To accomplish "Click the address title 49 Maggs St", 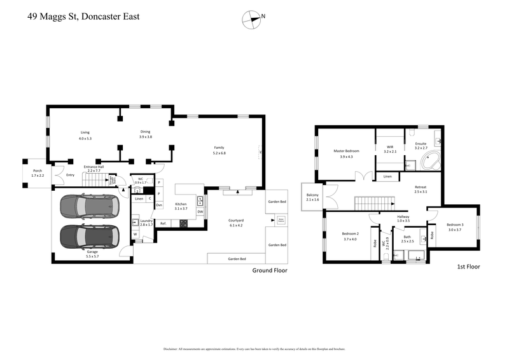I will click(83, 18).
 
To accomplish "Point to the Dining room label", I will click(146, 134).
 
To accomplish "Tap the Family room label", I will click(219, 150).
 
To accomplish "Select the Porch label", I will click(33, 172).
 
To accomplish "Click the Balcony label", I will click(312, 197).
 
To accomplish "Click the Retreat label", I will click(421, 188).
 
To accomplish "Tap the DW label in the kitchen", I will click(200, 212).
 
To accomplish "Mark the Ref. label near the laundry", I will click(163, 223).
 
